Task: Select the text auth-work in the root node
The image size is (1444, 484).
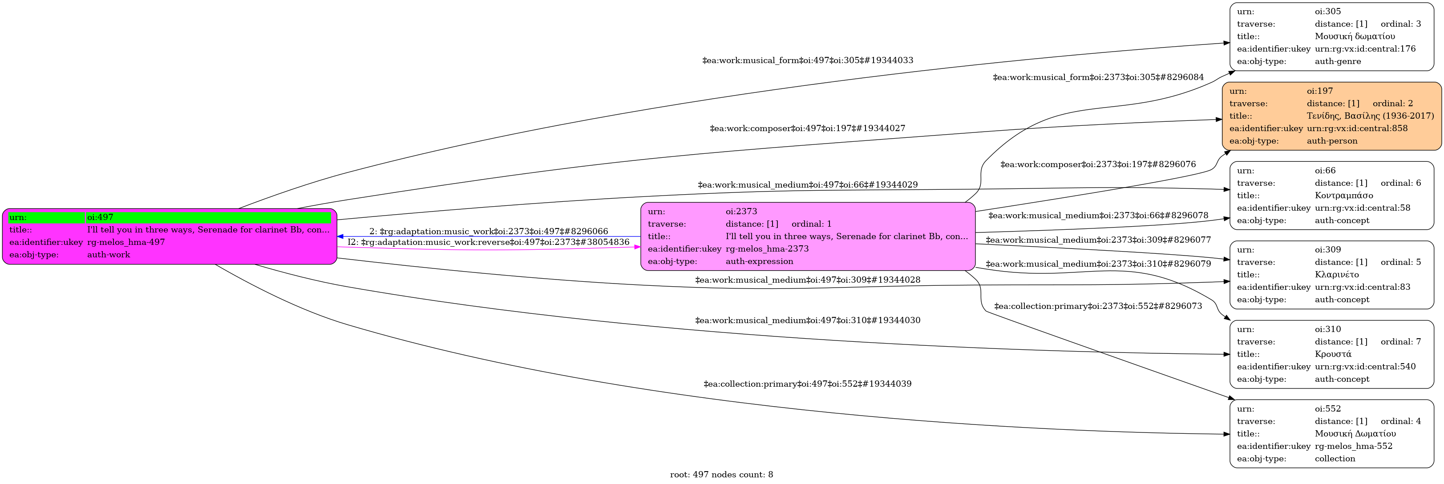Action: tap(109, 255)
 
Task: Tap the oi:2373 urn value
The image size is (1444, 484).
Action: tap(741, 212)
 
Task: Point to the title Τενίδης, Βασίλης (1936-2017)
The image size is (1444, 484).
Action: tap(1370, 116)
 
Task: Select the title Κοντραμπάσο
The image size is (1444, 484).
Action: tap(1344, 196)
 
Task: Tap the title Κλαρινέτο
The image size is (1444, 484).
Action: tap(1336, 275)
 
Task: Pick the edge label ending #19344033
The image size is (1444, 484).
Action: tap(808, 60)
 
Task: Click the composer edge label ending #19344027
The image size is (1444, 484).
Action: tap(808, 128)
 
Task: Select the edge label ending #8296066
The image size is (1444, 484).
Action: tap(489, 232)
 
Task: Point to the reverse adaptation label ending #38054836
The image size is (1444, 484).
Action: tap(488, 242)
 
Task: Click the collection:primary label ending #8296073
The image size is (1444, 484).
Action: tap(1098, 306)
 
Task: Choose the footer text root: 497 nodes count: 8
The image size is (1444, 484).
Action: tap(721, 475)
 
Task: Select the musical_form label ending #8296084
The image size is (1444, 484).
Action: tap(1098, 77)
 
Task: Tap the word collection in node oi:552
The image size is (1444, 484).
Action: tap(1335, 459)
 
